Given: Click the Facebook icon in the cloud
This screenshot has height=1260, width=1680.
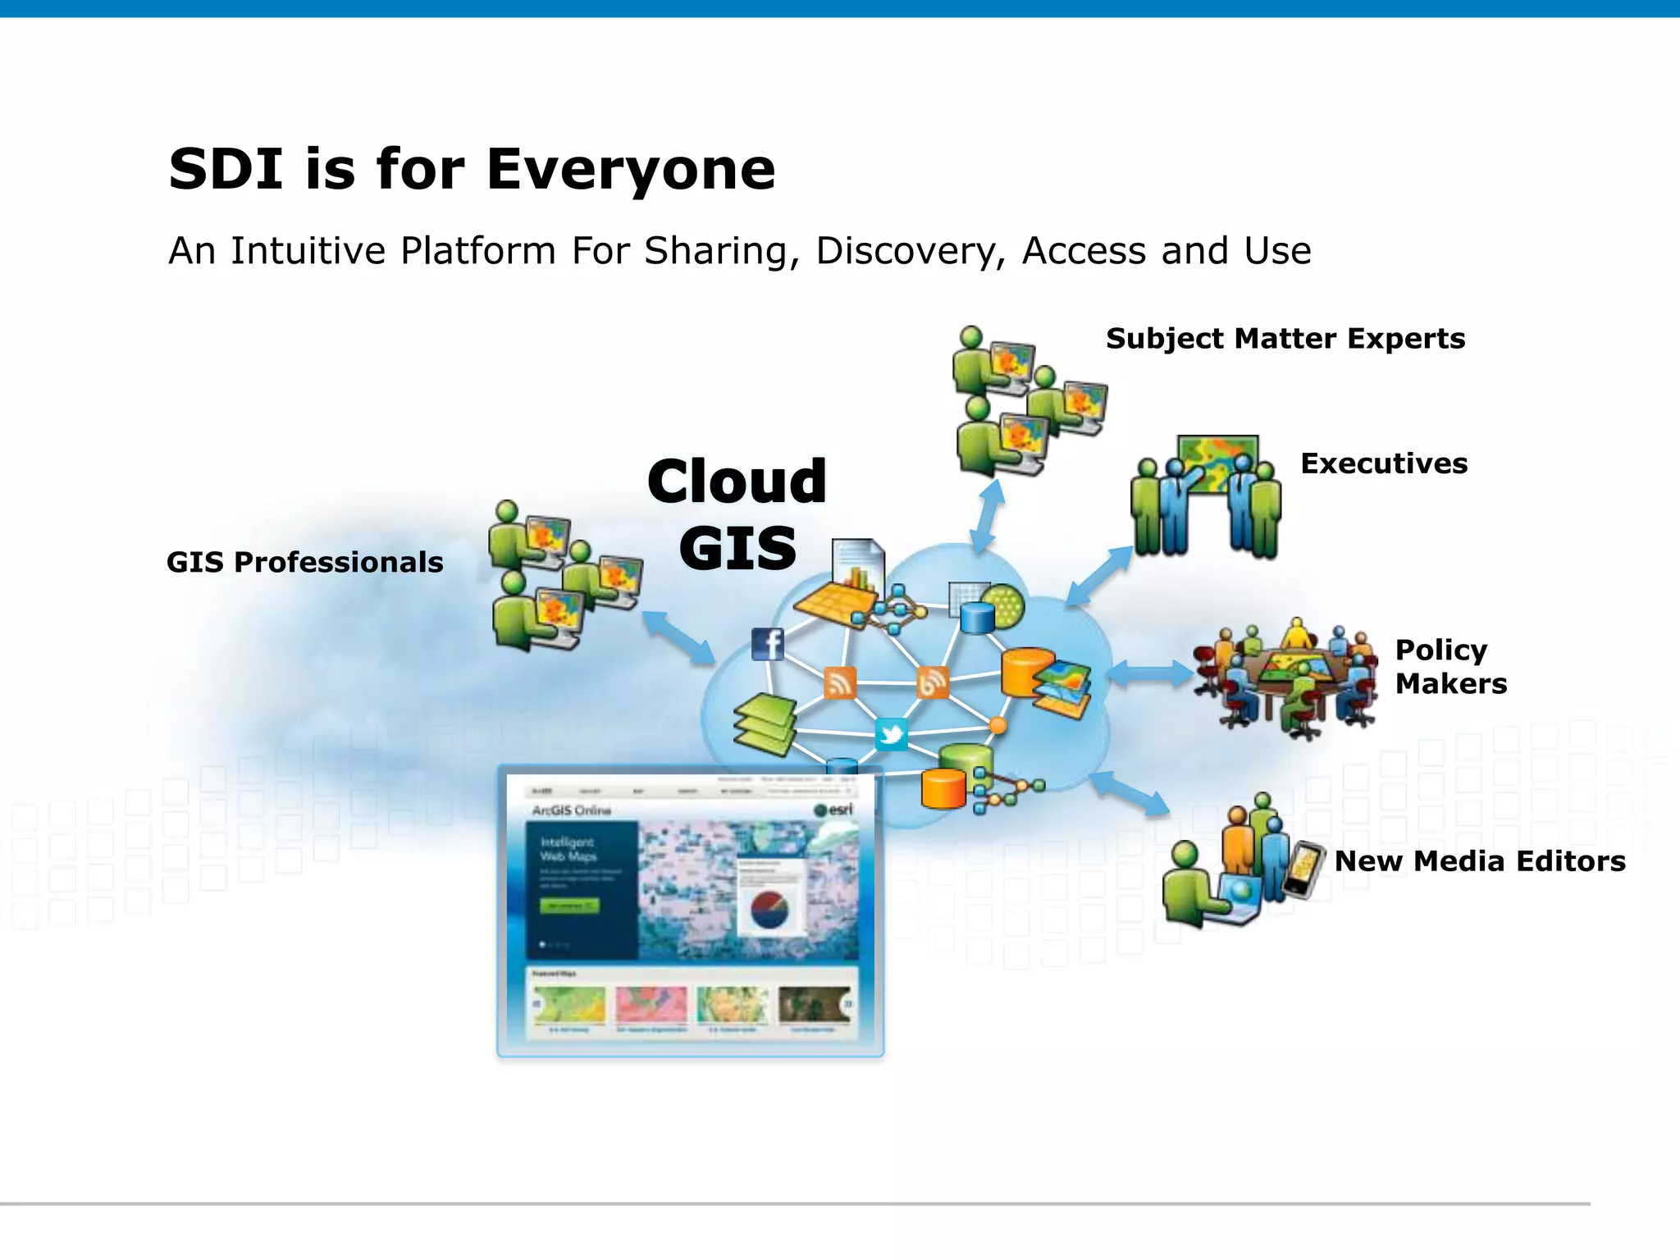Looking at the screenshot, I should pos(768,645).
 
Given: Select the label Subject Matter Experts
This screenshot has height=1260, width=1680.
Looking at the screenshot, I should pos(1285,339).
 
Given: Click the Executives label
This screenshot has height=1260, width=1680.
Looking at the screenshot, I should pos(1383,463).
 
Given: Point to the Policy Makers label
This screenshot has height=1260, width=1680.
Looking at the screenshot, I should pos(1449,666).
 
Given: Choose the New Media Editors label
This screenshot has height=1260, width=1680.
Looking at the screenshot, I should pos(1479,861).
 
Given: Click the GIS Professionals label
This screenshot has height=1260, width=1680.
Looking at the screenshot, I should pos(304,563).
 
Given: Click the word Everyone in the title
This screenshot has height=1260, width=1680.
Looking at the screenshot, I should pos(630,169).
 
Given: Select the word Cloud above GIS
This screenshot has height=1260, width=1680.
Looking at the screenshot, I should pos(737,482).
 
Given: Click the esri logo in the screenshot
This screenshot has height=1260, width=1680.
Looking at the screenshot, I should pos(833,810).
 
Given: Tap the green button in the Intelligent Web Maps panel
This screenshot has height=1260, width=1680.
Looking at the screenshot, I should pos(568,906).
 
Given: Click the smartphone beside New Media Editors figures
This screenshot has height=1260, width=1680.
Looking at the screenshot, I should pos(1303,870).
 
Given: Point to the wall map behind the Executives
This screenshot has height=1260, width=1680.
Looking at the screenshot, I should pos(1217,461).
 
